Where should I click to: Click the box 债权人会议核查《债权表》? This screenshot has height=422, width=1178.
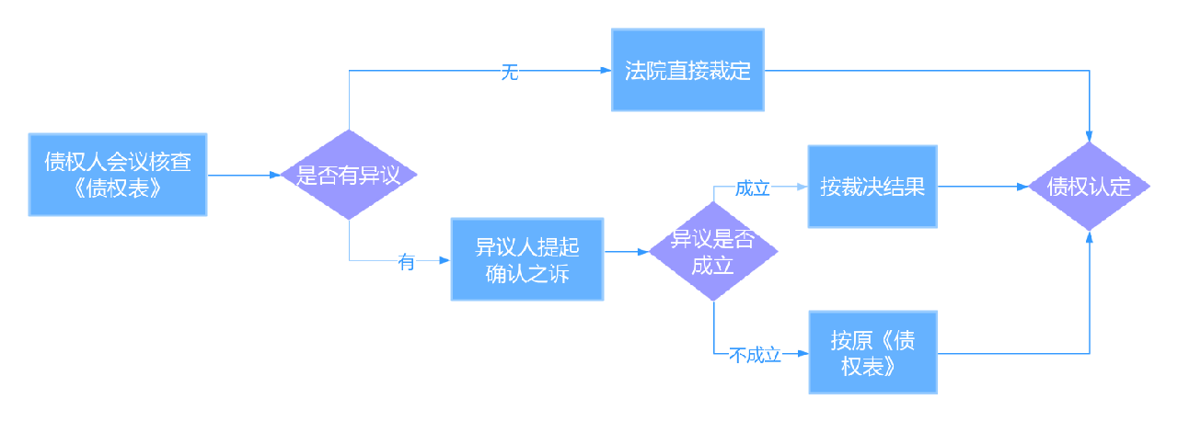click(117, 175)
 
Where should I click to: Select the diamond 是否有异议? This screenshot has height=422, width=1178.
click(349, 175)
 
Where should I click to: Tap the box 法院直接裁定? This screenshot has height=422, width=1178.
click(687, 71)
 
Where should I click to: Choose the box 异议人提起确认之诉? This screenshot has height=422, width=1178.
click(526, 259)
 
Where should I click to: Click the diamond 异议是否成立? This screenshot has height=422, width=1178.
click(713, 251)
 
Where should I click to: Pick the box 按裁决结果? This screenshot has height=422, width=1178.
click(872, 187)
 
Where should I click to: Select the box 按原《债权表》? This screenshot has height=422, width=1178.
click(872, 353)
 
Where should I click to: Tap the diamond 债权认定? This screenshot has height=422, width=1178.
click(1090, 187)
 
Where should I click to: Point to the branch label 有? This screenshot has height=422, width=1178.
click(406, 262)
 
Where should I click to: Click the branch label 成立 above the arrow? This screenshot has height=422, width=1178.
click(752, 188)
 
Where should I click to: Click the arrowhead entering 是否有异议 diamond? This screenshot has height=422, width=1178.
click(274, 175)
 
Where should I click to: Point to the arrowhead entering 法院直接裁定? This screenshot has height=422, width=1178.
click(606, 71)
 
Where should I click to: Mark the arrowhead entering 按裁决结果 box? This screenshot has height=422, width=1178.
click(803, 187)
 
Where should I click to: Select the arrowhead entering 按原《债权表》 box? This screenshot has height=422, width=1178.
click(803, 353)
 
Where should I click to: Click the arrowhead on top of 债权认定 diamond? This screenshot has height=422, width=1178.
click(1090, 136)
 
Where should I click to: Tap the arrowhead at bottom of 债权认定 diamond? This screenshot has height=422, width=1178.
click(1090, 237)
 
